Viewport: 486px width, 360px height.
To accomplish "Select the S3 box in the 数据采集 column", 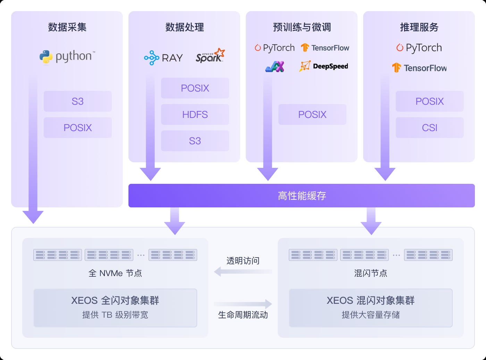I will pyautogui.click(x=77, y=101).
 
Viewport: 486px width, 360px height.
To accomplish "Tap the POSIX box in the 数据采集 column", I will pyautogui.click(x=77, y=128).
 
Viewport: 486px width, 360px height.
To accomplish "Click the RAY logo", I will pyautogui.click(x=163, y=58).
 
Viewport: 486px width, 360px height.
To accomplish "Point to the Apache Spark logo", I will pyautogui.click(x=210, y=56).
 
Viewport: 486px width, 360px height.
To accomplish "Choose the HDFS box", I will pyautogui.click(x=195, y=114).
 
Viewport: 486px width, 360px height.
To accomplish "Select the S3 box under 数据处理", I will pyautogui.click(x=195, y=141).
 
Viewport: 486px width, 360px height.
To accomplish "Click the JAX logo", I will pyautogui.click(x=275, y=66).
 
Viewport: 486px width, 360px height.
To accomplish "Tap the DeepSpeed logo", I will pyautogui.click(x=324, y=66).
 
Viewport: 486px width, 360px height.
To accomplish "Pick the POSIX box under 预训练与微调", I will pyautogui.click(x=312, y=114).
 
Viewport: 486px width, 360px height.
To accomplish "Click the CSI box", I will pyautogui.click(x=429, y=128).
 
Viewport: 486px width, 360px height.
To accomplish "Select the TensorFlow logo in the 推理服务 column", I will pyautogui.click(x=419, y=68).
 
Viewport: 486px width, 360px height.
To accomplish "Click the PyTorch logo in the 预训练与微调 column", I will pyautogui.click(x=275, y=48).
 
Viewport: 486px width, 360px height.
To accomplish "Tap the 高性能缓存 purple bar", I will pyautogui.click(x=301, y=196).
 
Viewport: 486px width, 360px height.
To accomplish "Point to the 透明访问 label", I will pyautogui.click(x=243, y=261).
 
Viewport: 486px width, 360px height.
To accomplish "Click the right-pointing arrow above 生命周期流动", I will pyautogui.click(x=243, y=304).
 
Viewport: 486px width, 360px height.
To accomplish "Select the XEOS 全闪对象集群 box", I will pyautogui.click(x=115, y=308).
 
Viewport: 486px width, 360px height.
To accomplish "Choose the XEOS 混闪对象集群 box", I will pyautogui.click(x=370, y=308).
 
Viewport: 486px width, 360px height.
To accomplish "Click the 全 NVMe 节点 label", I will pyautogui.click(x=115, y=273).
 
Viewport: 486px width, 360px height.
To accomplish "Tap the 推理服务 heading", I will pyautogui.click(x=419, y=27).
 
